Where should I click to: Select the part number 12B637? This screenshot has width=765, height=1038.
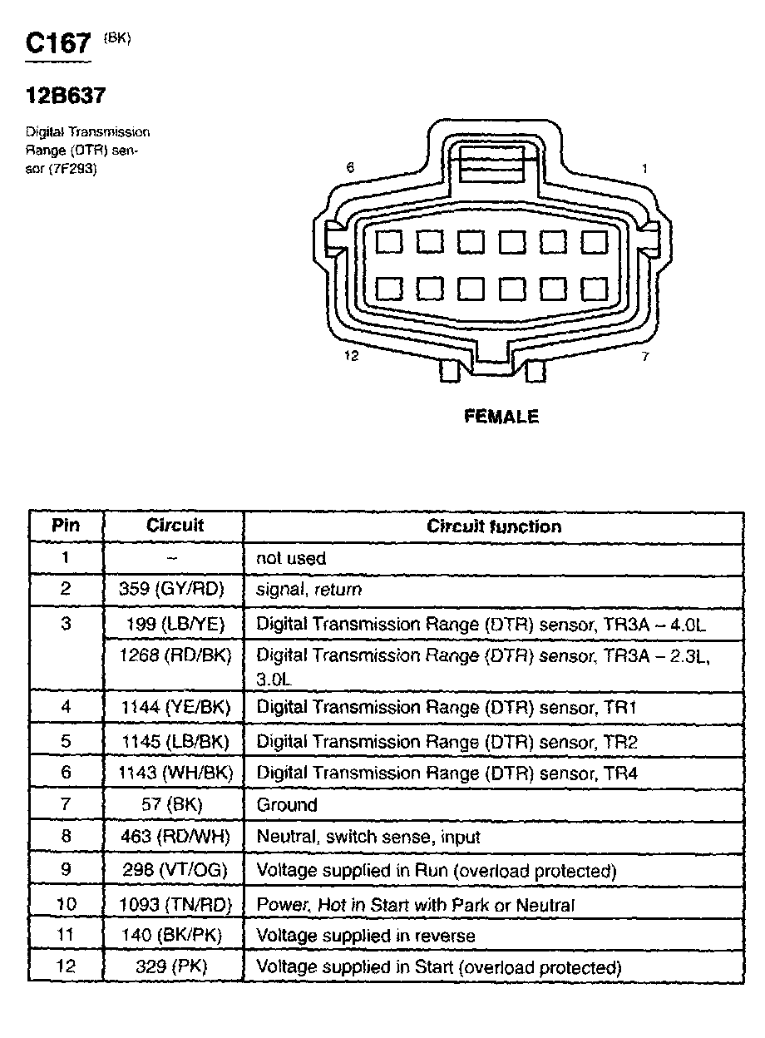click(x=66, y=96)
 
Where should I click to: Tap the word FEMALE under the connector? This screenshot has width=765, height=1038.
click(x=501, y=417)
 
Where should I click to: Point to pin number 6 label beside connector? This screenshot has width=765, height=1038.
click(x=350, y=168)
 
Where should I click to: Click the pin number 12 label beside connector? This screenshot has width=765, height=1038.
click(x=351, y=356)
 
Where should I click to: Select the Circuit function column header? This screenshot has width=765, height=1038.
click(x=494, y=526)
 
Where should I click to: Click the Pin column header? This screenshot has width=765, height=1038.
click(x=66, y=526)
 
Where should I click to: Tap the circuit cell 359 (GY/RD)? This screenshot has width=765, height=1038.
click(x=175, y=590)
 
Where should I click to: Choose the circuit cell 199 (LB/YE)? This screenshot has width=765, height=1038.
click(x=175, y=623)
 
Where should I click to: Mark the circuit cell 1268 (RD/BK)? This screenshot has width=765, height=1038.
click(x=175, y=655)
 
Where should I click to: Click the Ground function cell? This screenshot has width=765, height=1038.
click(x=287, y=805)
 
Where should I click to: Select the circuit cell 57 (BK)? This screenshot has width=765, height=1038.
click(x=175, y=805)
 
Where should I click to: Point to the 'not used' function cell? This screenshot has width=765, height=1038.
click(x=291, y=559)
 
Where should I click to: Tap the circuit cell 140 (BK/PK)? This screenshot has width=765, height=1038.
click(x=175, y=936)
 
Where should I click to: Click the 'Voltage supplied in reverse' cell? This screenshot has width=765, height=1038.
click(x=366, y=936)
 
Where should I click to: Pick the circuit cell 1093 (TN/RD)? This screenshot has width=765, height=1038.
click(x=175, y=904)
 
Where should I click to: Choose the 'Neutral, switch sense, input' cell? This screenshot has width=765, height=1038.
click(x=368, y=837)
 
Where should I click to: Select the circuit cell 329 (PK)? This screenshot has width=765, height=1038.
click(x=175, y=967)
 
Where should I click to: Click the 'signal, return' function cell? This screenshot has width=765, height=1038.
click(x=309, y=590)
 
